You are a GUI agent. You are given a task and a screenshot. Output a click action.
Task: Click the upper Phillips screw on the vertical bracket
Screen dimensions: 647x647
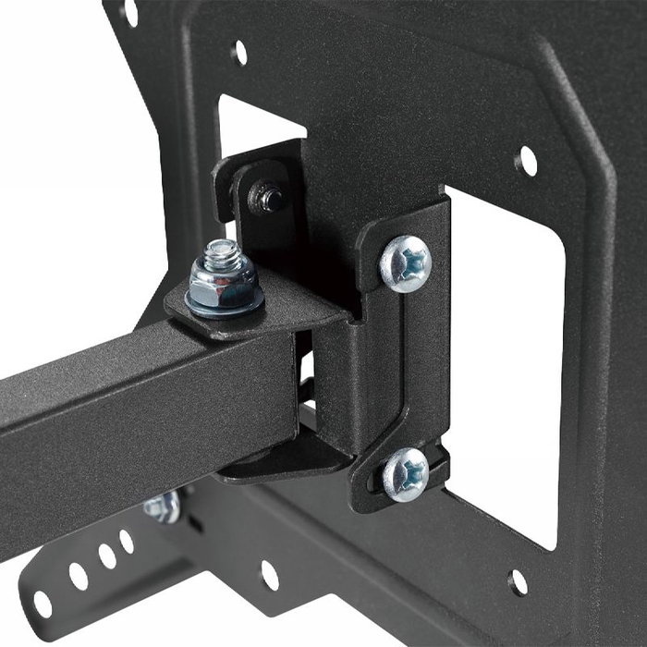(x=406, y=263)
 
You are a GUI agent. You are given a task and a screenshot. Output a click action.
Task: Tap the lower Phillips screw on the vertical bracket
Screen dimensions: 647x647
(x=406, y=473)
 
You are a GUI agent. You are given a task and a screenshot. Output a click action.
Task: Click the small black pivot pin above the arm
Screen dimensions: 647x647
(x=270, y=197)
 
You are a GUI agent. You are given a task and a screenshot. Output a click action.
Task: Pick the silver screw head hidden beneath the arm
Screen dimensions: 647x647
(x=163, y=507)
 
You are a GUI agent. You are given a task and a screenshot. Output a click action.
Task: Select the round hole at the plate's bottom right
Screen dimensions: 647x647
(x=519, y=582)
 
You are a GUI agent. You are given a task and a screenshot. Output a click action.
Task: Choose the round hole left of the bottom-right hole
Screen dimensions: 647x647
(x=269, y=575)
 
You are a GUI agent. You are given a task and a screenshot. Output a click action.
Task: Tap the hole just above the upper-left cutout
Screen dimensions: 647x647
(x=239, y=53)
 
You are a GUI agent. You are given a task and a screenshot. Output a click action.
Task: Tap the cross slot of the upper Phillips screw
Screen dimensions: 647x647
(x=408, y=263)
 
